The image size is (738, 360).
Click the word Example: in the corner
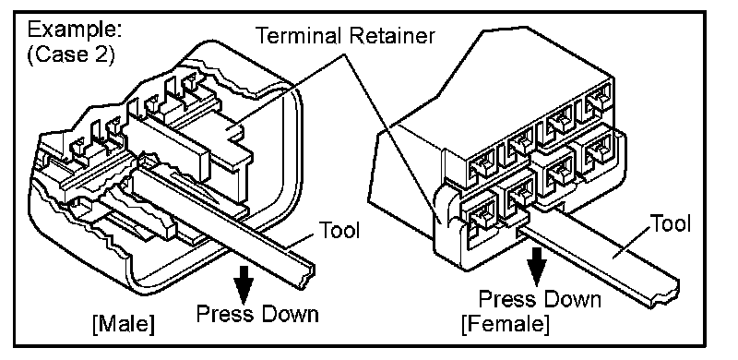click(x=75, y=30)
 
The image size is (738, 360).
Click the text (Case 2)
click(x=71, y=55)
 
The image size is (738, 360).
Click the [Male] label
click(x=124, y=324)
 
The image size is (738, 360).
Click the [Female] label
click(x=505, y=324)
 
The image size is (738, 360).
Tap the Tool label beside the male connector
click(x=339, y=231)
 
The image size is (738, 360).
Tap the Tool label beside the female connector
click(x=671, y=223)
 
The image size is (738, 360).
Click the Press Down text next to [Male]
click(x=257, y=314)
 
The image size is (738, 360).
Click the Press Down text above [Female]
click(x=540, y=299)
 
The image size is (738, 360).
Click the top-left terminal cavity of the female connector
click(x=481, y=164)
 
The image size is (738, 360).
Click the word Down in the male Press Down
click(x=289, y=314)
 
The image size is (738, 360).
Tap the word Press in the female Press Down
click(x=506, y=299)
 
